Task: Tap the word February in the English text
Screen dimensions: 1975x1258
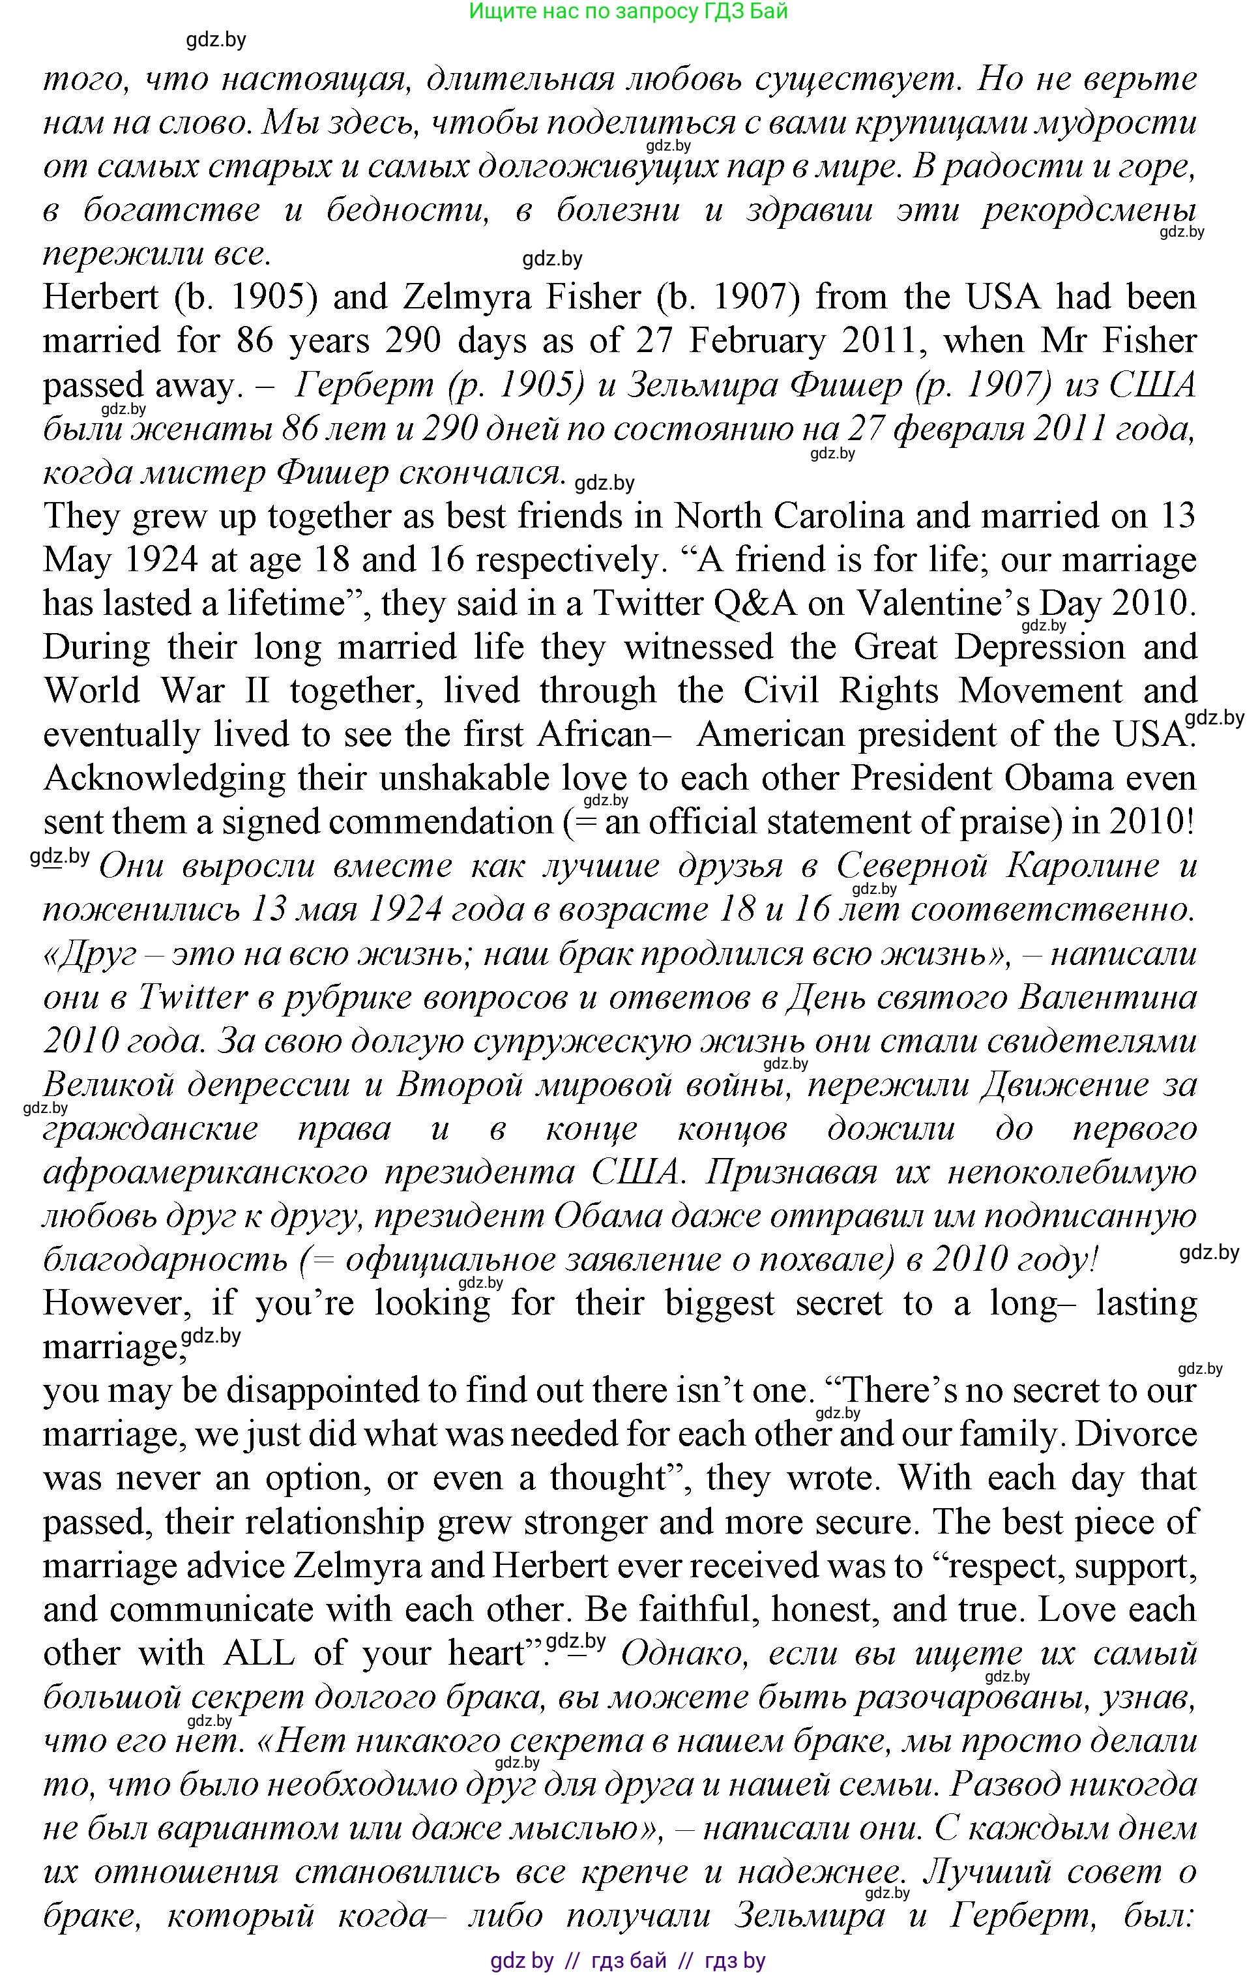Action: pos(757,340)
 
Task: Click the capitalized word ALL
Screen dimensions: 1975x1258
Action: pos(258,1653)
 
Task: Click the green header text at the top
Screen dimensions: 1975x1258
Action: pos(628,12)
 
